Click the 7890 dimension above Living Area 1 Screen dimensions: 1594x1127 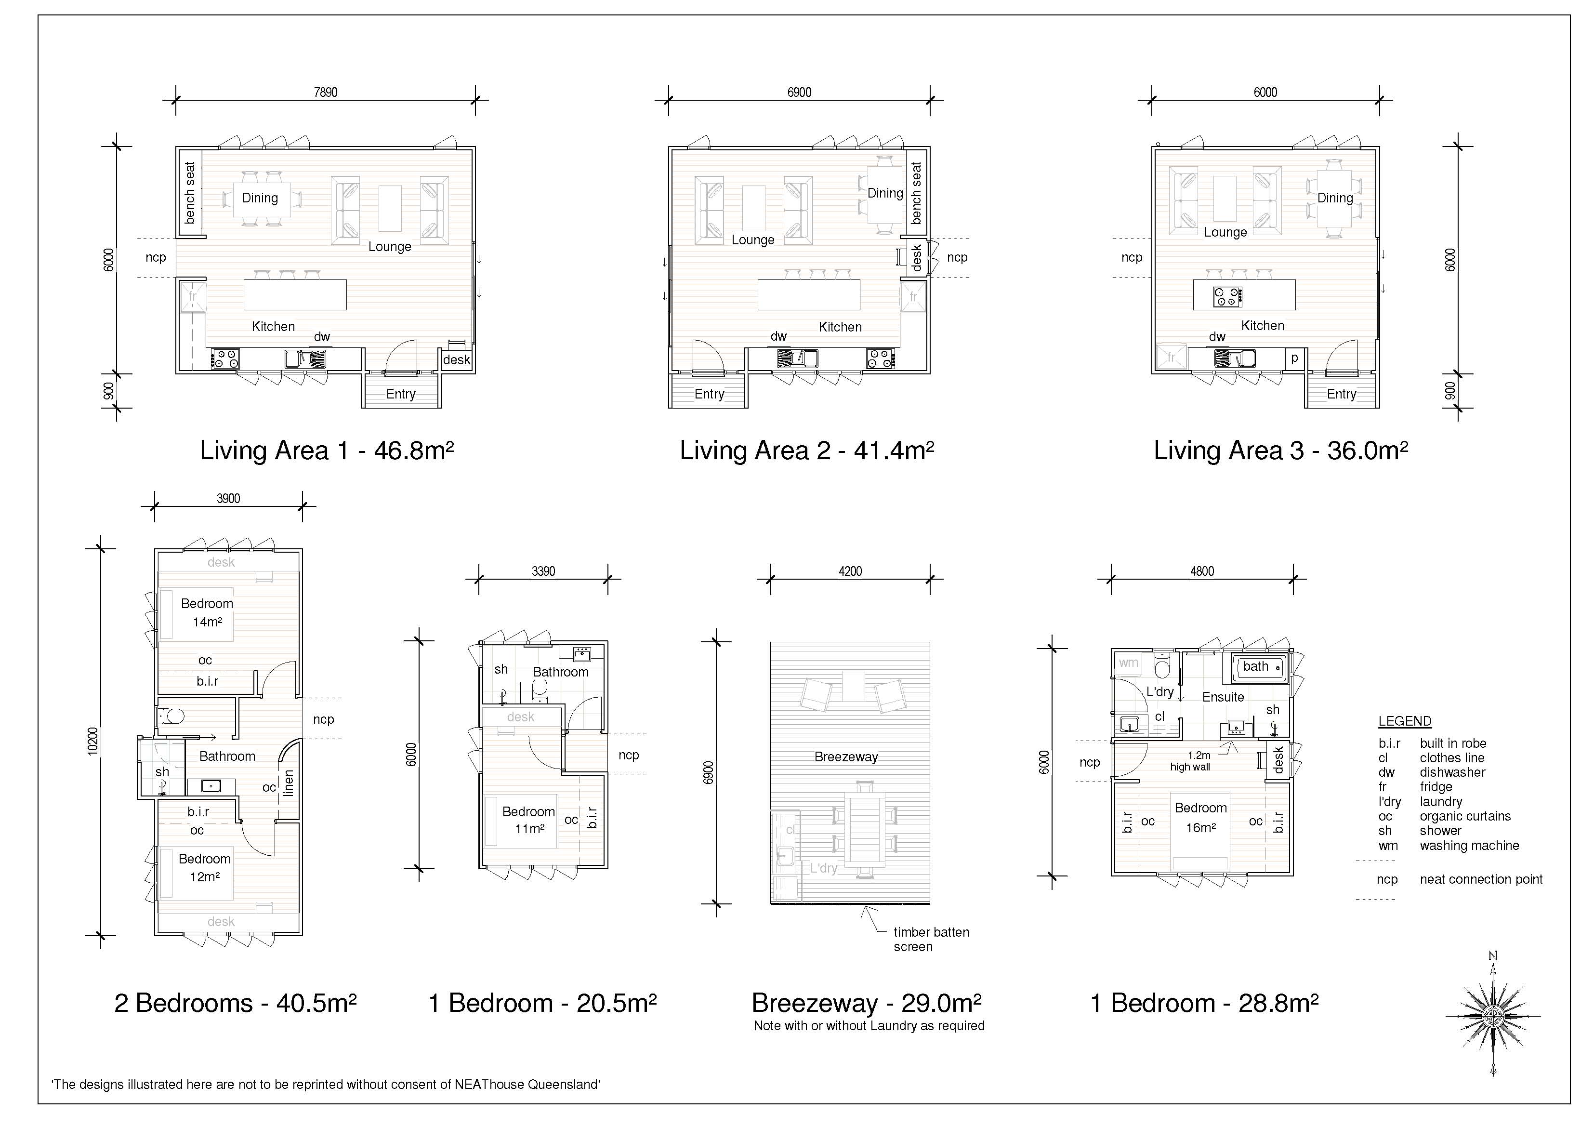click(x=326, y=93)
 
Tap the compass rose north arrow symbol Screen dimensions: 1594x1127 click(x=1493, y=1016)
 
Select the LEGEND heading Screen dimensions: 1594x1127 click(x=1405, y=721)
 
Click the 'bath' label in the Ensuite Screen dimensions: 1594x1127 click(x=1255, y=667)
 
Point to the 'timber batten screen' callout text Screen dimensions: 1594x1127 click(x=931, y=940)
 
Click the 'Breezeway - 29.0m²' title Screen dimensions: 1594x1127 click(x=867, y=1003)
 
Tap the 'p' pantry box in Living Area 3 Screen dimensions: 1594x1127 click(x=1294, y=359)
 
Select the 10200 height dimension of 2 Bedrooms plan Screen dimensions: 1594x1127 click(x=93, y=741)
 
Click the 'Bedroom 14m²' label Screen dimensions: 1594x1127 click(x=207, y=612)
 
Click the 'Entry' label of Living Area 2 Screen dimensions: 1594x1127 click(x=709, y=394)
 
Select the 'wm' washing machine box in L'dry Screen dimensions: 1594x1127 click(x=1128, y=663)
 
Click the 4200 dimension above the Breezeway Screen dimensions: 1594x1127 click(x=850, y=571)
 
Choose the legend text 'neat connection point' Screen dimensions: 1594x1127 click(x=1481, y=879)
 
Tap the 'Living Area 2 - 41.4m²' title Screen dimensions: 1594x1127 click(x=807, y=450)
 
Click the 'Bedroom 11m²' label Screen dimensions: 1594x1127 click(x=528, y=820)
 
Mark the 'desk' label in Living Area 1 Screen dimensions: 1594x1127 click(x=456, y=360)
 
